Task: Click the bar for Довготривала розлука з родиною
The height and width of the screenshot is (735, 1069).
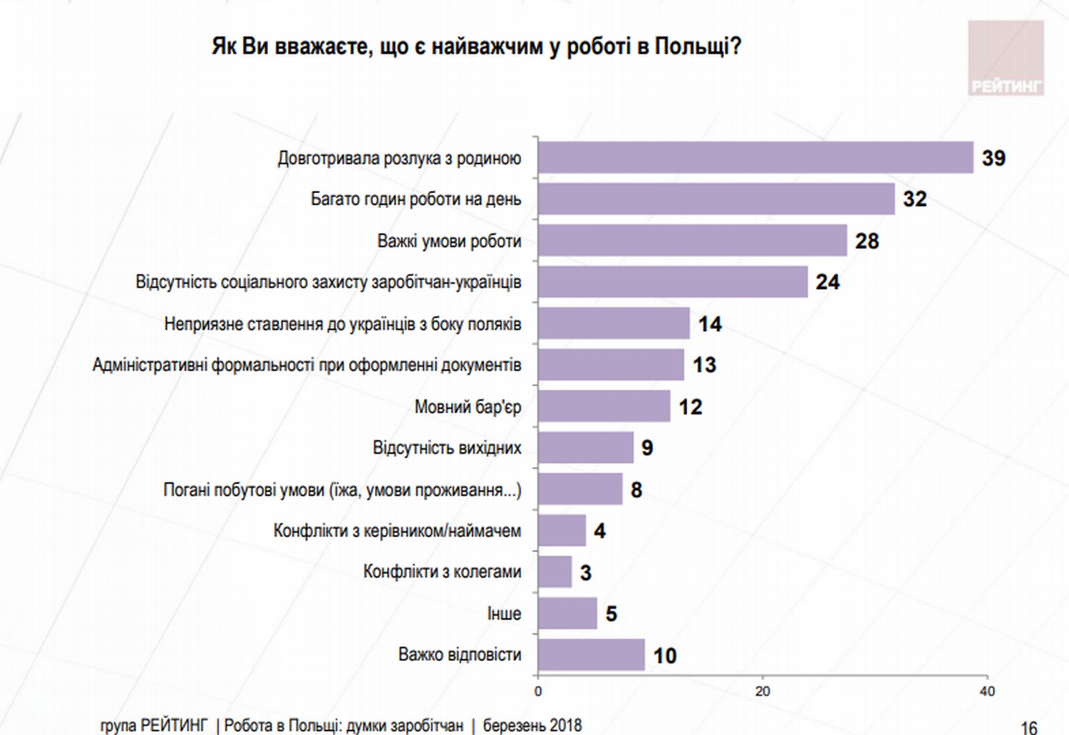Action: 755,157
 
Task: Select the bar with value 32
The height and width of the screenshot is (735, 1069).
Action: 716,199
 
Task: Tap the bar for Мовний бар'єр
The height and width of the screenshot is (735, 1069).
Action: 604,406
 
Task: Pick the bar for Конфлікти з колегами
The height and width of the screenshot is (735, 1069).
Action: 555,572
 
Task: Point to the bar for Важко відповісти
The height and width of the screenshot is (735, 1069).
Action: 592,655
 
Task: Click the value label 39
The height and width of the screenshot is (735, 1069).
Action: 993,158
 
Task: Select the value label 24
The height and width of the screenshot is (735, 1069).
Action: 827,282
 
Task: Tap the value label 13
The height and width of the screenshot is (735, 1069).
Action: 704,365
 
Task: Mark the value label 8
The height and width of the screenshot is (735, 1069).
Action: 636,490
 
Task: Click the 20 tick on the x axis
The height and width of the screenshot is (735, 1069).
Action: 763,692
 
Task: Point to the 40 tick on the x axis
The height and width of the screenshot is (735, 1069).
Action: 987,692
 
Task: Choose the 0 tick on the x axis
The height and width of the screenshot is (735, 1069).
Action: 538,692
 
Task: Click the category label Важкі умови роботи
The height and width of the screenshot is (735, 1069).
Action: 449,241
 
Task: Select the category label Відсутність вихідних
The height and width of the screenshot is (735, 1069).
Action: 447,448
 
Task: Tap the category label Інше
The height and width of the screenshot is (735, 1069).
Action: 504,614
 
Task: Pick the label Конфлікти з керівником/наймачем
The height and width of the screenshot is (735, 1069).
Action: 397,531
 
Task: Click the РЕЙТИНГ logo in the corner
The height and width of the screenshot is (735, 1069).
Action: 1006,58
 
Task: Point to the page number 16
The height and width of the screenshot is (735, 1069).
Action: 1028,727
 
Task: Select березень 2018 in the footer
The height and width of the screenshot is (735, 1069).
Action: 532,726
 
